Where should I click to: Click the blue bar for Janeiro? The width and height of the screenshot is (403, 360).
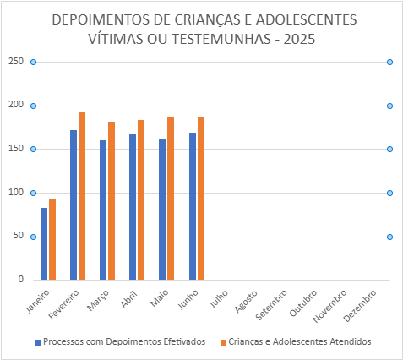(x=44, y=244)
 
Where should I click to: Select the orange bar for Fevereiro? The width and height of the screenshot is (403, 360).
(x=82, y=196)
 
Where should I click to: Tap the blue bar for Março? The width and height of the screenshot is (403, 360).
(x=103, y=210)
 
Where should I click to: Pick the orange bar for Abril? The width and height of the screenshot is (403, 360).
(x=141, y=200)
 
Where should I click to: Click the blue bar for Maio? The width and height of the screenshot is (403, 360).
(x=162, y=210)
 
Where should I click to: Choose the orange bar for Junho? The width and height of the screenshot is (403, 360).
(x=201, y=199)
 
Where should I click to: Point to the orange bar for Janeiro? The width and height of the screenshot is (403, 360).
(x=52, y=239)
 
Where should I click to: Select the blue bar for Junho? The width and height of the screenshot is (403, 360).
(x=193, y=206)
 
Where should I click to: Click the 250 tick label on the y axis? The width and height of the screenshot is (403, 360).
(x=16, y=61)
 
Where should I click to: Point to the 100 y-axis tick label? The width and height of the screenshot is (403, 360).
(x=16, y=193)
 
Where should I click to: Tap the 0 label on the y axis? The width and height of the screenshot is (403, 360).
(x=21, y=279)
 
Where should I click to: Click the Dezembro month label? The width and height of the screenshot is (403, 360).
(x=360, y=306)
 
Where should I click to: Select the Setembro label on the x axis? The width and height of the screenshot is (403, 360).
(x=271, y=305)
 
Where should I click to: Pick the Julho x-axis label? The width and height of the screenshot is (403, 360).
(x=219, y=299)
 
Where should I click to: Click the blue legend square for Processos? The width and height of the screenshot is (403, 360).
(x=38, y=342)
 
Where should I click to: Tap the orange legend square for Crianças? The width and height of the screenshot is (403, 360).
(x=223, y=342)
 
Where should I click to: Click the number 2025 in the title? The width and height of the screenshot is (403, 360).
(x=299, y=39)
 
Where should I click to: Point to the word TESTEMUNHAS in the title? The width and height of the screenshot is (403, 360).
(x=221, y=39)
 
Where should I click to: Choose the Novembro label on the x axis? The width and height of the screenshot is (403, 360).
(x=329, y=306)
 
